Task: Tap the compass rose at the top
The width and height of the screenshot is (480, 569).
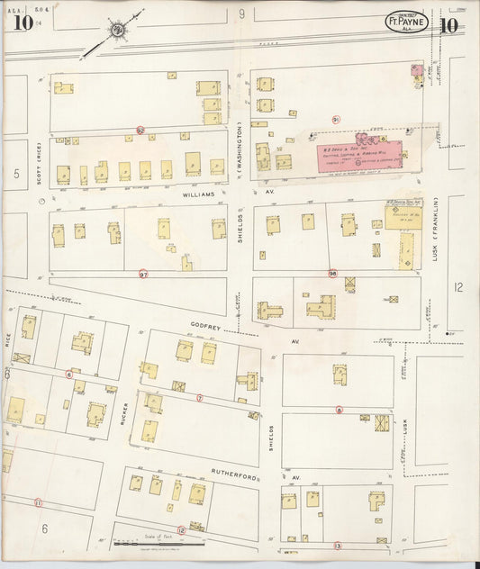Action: point(118,30)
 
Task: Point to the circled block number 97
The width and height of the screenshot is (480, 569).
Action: point(143,273)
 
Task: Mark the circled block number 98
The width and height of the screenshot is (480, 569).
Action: point(332,273)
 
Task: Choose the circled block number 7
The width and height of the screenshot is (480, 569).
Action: point(200,397)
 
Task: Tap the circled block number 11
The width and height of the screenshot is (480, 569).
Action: point(38,502)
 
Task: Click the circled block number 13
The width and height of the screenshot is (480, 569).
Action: point(338,546)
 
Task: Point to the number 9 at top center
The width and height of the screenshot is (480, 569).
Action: point(241,14)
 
